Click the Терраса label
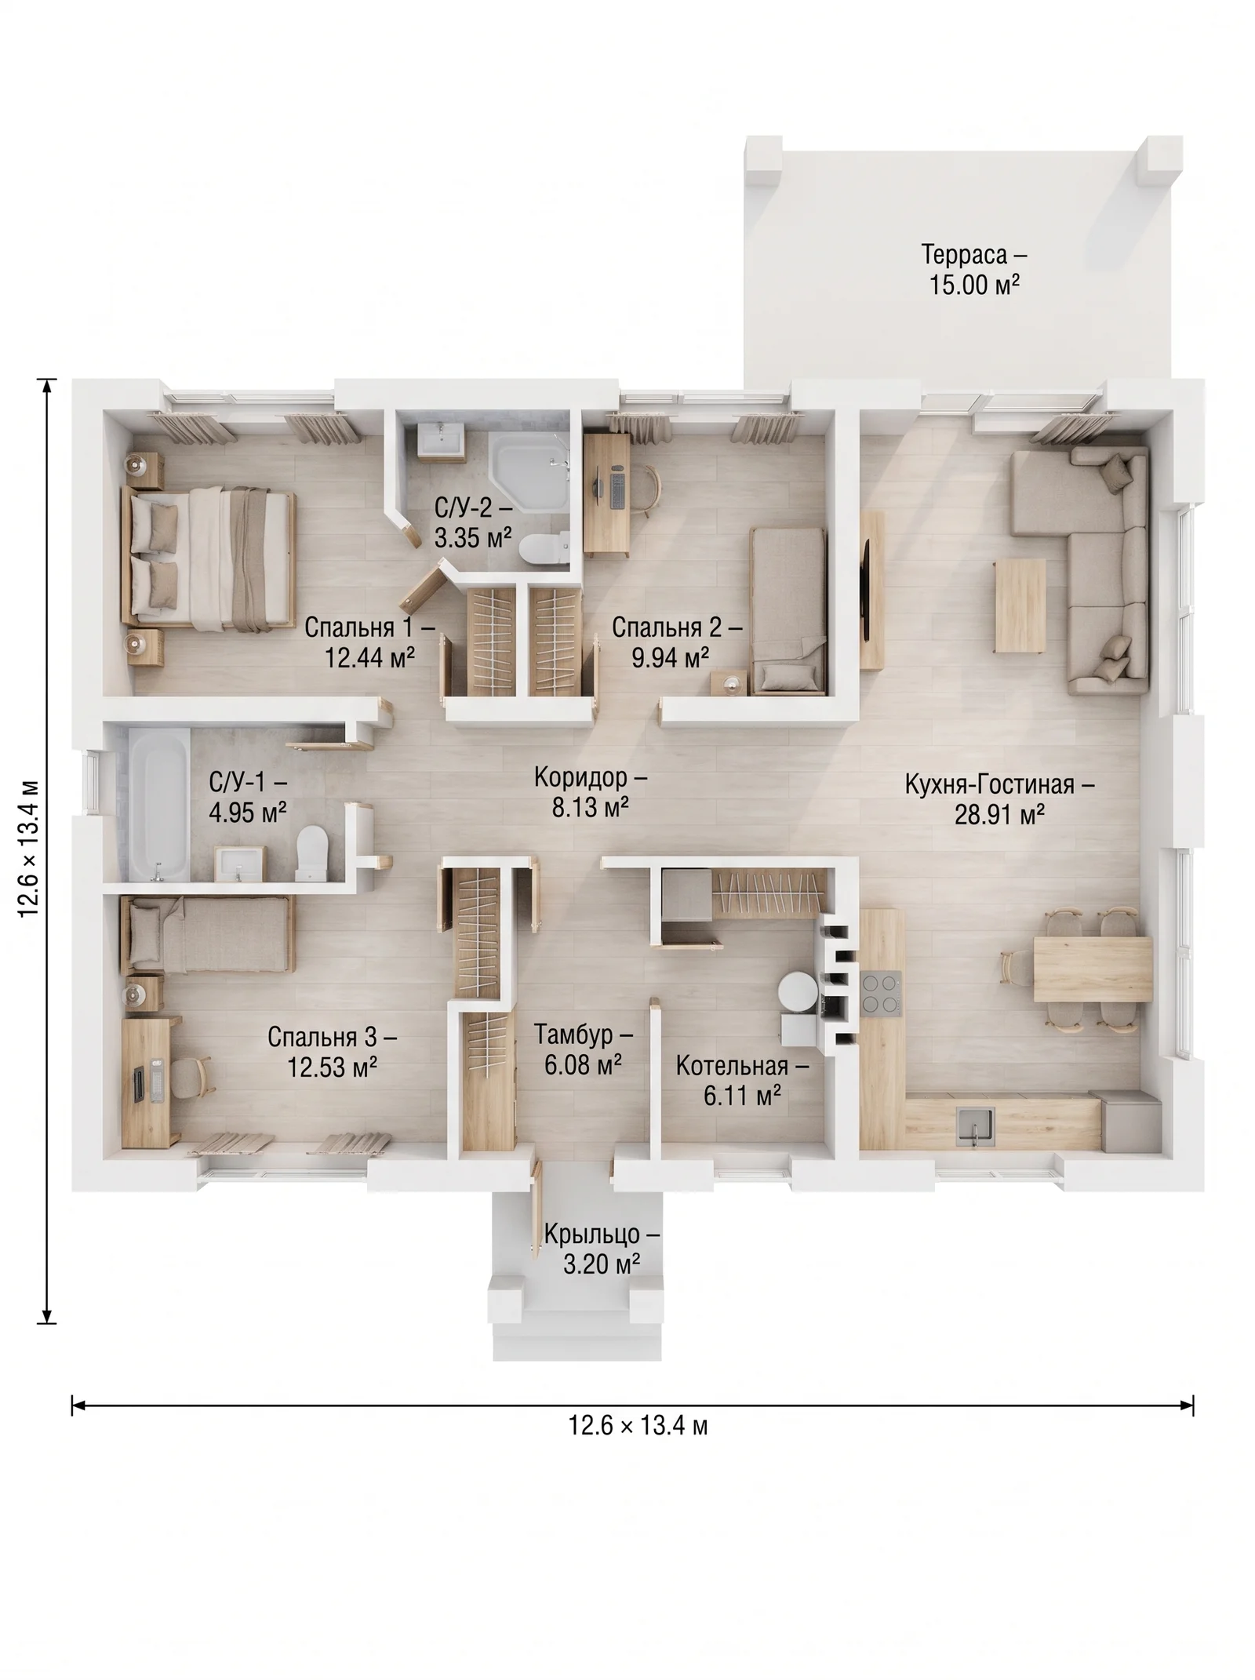coord(973,256)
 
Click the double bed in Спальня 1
coord(208,558)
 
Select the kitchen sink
coord(974,1127)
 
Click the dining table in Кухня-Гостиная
coord(1093,969)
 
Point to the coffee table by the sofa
coord(1020,605)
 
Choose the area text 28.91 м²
coord(999,815)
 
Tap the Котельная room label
coord(742,1066)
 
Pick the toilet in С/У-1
coord(310,853)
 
